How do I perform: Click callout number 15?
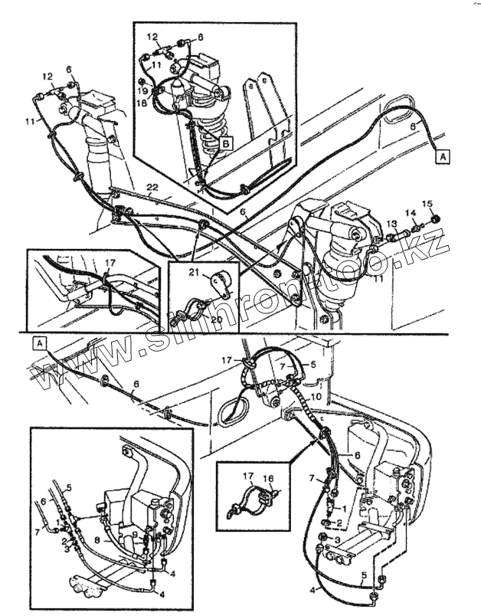[x=428, y=203]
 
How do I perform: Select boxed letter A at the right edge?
[x=443, y=156]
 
